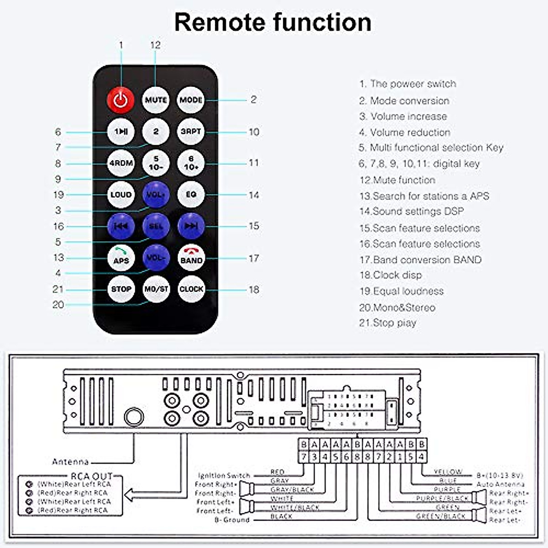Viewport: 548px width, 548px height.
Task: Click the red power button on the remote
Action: (x=121, y=100)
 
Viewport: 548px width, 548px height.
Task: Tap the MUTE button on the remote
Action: (x=156, y=100)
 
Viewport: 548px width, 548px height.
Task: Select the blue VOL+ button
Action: (x=156, y=195)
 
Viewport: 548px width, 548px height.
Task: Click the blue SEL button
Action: (x=156, y=226)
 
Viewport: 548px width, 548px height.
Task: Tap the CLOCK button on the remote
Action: (x=191, y=289)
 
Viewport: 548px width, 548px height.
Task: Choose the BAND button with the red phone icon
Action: (x=191, y=258)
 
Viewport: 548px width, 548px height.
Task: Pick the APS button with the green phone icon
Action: (x=121, y=258)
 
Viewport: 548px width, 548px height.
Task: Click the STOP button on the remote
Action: (x=121, y=289)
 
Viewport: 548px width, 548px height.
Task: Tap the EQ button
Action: (x=191, y=195)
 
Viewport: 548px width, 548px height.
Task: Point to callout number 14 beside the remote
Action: (x=254, y=195)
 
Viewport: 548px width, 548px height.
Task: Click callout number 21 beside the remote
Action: (x=58, y=289)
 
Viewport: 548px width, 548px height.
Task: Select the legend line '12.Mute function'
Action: (x=397, y=180)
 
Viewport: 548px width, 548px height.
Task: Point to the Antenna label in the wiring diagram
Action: (x=70, y=461)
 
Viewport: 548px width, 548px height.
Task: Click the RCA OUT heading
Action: (x=91, y=476)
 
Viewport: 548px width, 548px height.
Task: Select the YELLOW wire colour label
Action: (x=448, y=472)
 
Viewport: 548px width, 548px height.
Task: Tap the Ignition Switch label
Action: (x=224, y=475)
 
